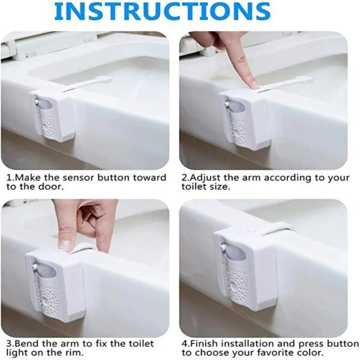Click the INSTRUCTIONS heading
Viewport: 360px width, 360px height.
tap(163, 11)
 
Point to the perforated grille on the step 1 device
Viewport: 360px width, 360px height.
tap(47, 126)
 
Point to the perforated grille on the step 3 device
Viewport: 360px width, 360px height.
tap(47, 296)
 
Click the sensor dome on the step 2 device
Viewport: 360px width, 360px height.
tap(236, 111)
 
